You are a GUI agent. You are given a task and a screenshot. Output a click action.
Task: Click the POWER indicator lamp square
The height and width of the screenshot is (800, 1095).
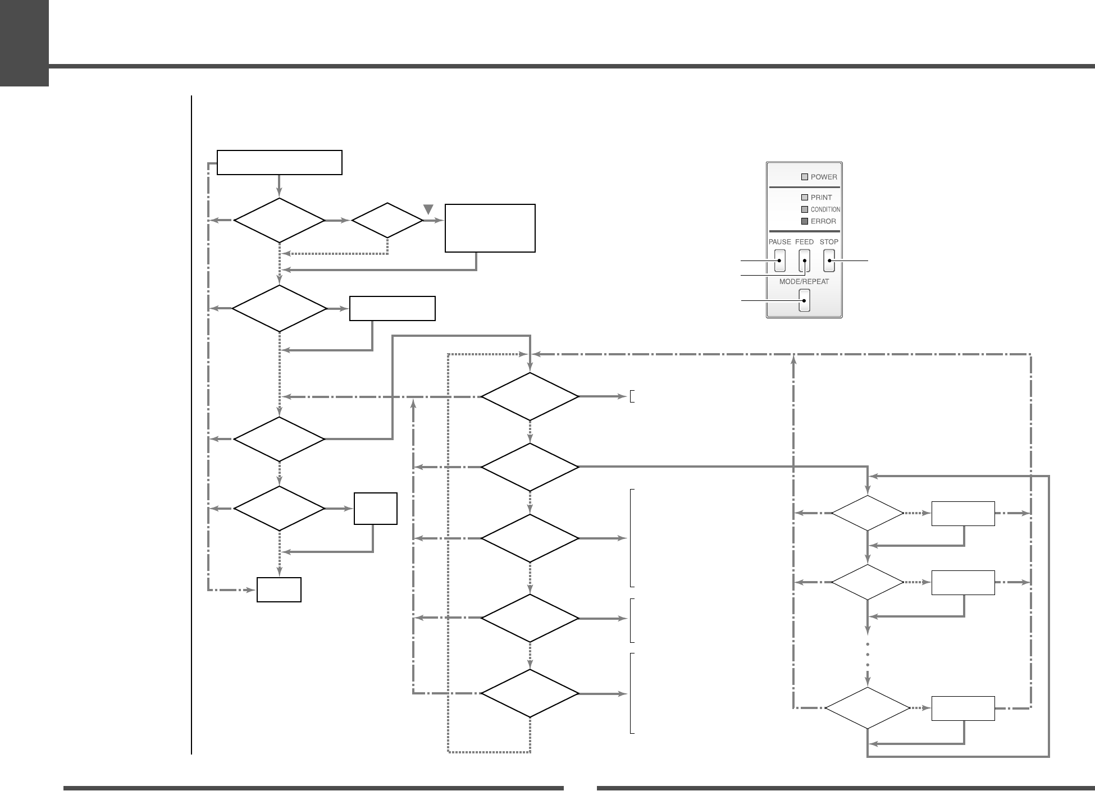[x=804, y=177]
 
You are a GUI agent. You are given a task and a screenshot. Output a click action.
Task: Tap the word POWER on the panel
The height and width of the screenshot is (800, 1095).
[x=824, y=177]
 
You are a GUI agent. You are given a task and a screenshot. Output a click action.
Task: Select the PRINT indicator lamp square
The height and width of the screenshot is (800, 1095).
[x=804, y=197]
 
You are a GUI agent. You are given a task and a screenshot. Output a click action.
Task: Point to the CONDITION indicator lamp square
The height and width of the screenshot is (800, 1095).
[x=804, y=209]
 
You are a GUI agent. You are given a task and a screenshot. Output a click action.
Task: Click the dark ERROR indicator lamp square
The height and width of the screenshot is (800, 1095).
[x=804, y=221]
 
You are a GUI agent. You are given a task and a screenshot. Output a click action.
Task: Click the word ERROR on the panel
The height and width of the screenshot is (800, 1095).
[x=823, y=221]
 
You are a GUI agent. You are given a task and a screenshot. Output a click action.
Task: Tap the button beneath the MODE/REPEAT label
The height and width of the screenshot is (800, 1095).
[x=804, y=300]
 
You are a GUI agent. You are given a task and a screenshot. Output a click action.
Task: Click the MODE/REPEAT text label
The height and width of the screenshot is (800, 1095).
[x=804, y=281]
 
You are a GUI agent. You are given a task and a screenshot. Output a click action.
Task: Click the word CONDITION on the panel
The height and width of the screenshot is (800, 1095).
[x=825, y=209]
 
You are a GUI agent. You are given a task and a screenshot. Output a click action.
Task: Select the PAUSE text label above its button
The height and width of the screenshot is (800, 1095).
[x=779, y=242]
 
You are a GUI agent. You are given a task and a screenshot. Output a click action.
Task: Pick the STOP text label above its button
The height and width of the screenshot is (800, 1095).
[x=829, y=242]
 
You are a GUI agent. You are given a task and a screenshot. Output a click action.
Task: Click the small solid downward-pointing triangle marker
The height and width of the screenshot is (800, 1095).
[x=428, y=209]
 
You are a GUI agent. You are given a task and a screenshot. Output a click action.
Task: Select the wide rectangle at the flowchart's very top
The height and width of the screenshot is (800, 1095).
[x=280, y=162]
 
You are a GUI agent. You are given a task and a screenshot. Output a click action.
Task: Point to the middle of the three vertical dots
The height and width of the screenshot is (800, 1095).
[x=868, y=654]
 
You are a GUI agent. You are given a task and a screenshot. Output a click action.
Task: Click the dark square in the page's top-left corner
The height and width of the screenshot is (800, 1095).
[x=24, y=43]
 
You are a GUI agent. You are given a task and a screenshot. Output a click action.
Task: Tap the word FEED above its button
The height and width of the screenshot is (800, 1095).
[x=804, y=242]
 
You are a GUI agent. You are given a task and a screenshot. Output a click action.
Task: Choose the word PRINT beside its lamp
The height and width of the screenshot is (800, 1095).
[x=822, y=197]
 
